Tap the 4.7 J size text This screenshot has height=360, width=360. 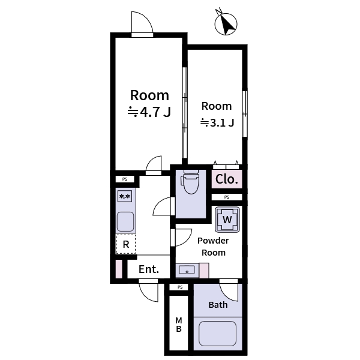pyautogui.click(x=149, y=112)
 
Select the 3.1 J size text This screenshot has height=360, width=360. pyautogui.click(x=217, y=123)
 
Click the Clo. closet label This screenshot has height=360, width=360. pyautogui.click(x=227, y=179)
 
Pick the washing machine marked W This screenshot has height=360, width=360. pyautogui.click(x=227, y=220)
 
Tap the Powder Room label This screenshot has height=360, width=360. pyautogui.click(x=213, y=247)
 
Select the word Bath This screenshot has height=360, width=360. pyautogui.click(x=218, y=305)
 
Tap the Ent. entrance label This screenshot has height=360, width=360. pyautogui.click(x=148, y=269)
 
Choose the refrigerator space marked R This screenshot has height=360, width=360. pyautogui.click(x=126, y=244)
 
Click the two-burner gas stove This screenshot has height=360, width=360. pyautogui.click(x=125, y=196)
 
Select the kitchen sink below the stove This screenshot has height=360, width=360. pyautogui.click(x=125, y=221)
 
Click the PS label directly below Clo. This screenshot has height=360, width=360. pyautogui.click(x=226, y=197)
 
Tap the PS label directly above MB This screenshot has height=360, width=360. pyautogui.click(x=179, y=288)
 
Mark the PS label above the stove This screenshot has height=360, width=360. pyautogui.click(x=125, y=179)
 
